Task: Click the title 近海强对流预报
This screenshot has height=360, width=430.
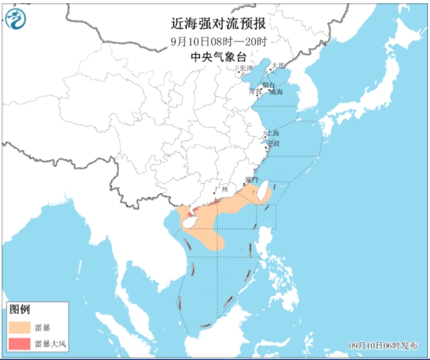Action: [x=219, y=24]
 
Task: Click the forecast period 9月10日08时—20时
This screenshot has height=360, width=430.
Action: [x=219, y=41]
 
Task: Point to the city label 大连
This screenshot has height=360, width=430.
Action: [x=278, y=65]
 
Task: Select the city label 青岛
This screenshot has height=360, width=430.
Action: [x=255, y=92]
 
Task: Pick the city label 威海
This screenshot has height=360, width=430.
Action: [x=276, y=92]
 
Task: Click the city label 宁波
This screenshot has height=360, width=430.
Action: [x=273, y=143]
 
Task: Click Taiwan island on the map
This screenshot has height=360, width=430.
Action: [x=264, y=191]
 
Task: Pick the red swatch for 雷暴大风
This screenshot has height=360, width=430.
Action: [x=20, y=343]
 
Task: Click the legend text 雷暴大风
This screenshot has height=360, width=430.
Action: [x=51, y=344]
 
